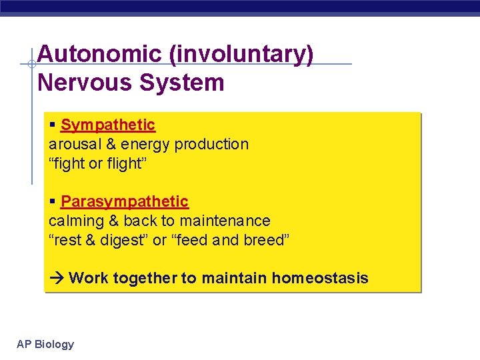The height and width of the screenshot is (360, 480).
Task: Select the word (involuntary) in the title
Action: click(x=241, y=55)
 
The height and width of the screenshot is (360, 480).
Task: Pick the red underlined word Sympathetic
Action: click(x=107, y=125)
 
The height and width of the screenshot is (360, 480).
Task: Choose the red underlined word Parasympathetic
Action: click(x=124, y=201)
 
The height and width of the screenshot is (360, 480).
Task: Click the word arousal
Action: click(x=72, y=144)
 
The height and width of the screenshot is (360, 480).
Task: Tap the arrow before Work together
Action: click(x=56, y=278)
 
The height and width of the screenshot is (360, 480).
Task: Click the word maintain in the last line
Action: click(x=239, y=278)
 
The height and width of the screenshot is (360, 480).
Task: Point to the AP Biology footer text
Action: click(x=45, y=344)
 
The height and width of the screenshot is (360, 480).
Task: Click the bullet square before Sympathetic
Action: click(x=53, y=125)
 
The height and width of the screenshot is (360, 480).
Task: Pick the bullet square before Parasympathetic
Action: click(x=53, y=201)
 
